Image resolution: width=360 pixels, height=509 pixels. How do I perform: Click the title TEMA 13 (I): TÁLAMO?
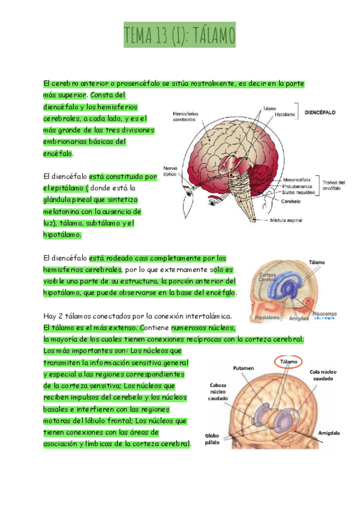click(179, 35)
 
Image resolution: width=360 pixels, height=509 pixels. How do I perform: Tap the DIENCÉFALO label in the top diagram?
click(320, 112)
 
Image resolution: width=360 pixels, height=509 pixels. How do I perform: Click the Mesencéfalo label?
click(296, 179)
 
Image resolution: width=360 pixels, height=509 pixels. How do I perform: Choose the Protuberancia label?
click(298, 185)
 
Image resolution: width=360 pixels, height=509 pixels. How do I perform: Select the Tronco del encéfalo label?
click(333, 185)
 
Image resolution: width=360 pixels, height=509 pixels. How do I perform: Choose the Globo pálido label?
click(214, 439)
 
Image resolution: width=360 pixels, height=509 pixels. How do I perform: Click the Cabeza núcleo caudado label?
click(218, 391)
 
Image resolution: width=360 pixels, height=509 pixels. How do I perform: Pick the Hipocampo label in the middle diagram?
click(325, 313)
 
